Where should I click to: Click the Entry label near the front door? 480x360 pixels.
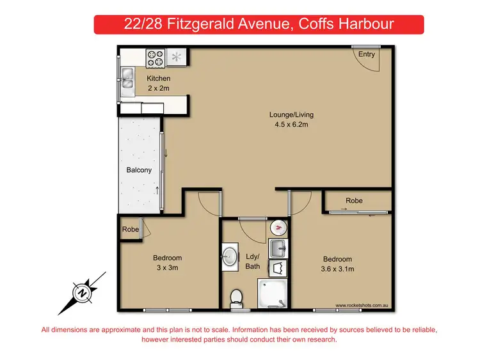tap(367, 54)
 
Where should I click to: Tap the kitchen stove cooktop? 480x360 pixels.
tap(156, 59)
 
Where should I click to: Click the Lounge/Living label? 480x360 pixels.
tap(291, 115)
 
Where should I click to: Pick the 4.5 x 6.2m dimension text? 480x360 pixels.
tap(291, 125)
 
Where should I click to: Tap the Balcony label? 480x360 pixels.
tap(139, 170)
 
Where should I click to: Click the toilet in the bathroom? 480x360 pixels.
tap(236, 296)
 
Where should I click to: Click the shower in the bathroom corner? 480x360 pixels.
tap(273, 294)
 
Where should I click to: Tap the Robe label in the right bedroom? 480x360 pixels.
tap(354, 200)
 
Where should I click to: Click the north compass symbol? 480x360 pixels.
tap(83, 293)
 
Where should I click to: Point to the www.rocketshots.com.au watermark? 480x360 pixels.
tap(362, 306)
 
